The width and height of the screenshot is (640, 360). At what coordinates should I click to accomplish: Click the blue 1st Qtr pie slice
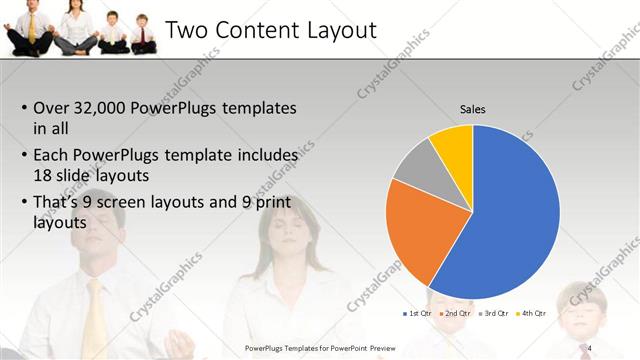(505, 210)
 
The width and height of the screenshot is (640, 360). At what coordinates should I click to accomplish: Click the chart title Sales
(473, 108)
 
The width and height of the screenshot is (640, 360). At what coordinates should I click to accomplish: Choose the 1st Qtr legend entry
(418, 314)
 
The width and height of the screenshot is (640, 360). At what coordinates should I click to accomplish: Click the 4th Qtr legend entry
(532, 314)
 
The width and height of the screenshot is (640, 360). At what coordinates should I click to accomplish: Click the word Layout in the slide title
(333, 31)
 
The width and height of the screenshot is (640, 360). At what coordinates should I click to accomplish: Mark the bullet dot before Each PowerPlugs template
(25, 157)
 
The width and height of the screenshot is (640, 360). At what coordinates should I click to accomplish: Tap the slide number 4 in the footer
(590, 347)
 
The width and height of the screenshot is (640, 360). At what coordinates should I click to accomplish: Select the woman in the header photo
(75, 25)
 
